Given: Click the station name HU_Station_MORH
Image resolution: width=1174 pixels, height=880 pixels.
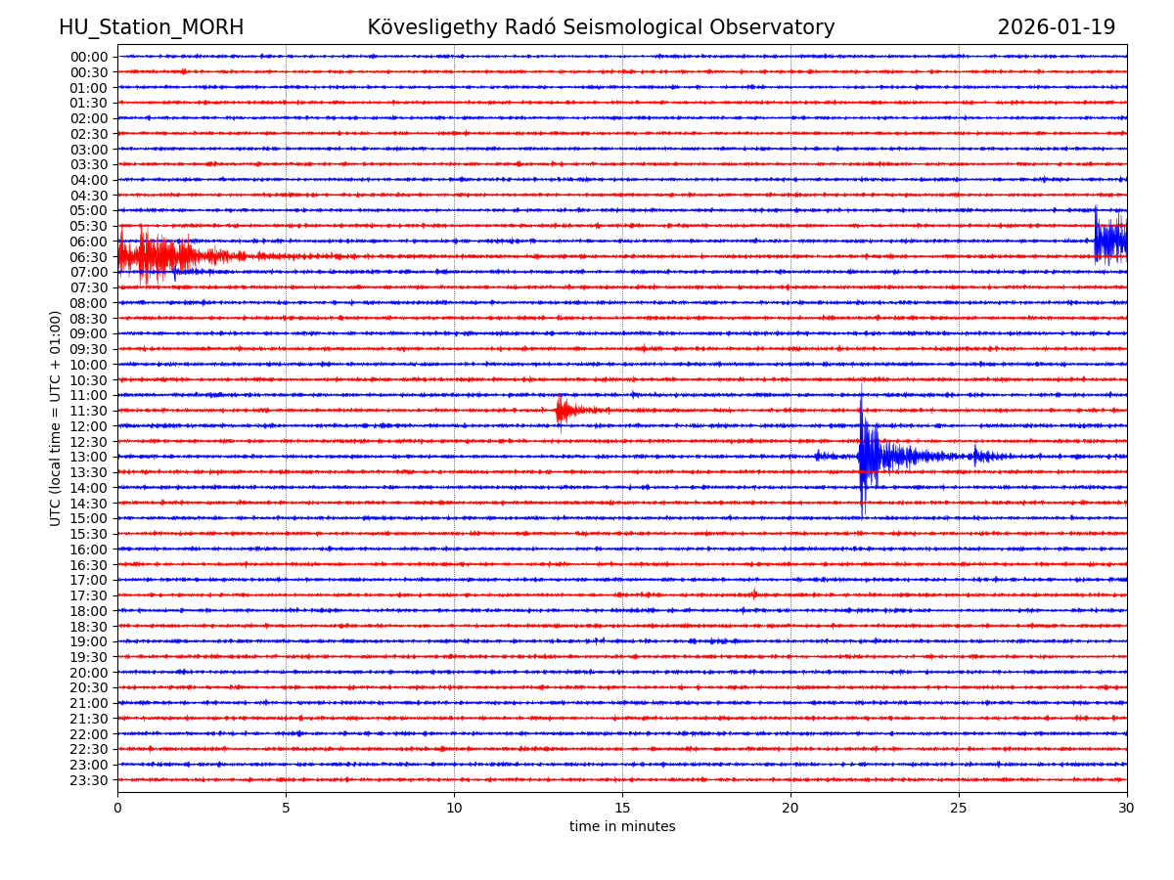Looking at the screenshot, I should click(151, 28).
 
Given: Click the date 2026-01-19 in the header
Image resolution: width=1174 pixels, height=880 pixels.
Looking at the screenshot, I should click(1056, 28).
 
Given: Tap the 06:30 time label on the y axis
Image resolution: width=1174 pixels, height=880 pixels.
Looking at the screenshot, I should click(88, 257).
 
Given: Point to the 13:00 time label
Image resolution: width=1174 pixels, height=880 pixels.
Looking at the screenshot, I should click(88, 458).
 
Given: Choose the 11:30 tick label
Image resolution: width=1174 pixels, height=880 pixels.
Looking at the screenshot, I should click(88, 412).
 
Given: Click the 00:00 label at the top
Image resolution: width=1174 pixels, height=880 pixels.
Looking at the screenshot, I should click(88, 57).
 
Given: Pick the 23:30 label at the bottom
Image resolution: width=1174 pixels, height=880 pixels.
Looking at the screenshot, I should click(88, 780).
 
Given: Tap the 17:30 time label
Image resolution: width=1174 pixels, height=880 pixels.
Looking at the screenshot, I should click(88, 596).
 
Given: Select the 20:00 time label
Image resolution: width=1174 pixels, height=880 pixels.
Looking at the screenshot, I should click(88, 673).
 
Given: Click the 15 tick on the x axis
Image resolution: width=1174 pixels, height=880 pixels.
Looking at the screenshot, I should click(622, 808).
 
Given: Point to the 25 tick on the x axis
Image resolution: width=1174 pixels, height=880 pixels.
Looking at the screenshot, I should click(959, 808).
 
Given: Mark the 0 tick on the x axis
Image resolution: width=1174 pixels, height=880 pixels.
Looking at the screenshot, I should click(117, 808).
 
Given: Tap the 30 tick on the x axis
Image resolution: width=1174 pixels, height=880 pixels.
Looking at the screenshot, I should click(1127, 808).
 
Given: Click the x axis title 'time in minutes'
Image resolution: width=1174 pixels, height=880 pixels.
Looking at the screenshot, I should click(622, 827).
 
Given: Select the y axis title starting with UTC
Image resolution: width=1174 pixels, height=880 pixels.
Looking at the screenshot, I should click(56, 418).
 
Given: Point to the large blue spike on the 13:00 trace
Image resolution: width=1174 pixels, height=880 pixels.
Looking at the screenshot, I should click(862, 456).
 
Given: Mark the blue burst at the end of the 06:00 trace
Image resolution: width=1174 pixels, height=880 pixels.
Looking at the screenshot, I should click(1109, 240).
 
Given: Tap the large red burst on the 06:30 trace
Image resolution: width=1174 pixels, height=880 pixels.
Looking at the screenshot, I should click(157, 256).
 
